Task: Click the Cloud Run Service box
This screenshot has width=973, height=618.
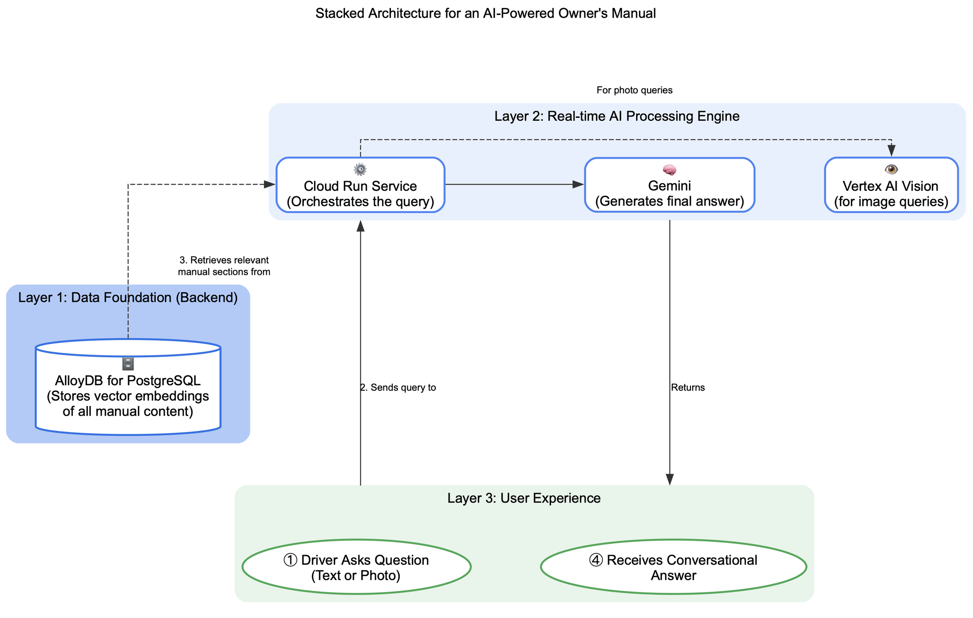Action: point(360,193)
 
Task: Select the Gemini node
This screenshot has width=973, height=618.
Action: point(669,193)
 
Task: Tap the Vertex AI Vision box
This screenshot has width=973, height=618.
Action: point(891,193)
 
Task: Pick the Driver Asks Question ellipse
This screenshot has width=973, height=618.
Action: point(356,567)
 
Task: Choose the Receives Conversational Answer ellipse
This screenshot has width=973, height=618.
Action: point(673,567)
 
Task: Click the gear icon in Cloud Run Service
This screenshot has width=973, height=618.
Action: point(360,169)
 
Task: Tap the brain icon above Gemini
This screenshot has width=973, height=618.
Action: point(669,170)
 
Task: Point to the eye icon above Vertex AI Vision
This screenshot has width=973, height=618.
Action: point(891,169)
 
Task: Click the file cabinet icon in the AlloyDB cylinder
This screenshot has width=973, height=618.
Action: point(128,364)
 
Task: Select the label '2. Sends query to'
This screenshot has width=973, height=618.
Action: point(398,387)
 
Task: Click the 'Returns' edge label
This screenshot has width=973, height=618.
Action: point(687,387)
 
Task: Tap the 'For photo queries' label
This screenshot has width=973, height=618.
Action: point(634,90)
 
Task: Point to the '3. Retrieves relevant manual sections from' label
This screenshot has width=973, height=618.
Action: point(224,266)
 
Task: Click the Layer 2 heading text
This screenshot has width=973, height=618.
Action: point(617,116)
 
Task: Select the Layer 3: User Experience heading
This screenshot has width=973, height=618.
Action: point(524,498)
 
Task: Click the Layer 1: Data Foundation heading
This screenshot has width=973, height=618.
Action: point(128,297)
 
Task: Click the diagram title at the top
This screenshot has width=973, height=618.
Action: point(485,13)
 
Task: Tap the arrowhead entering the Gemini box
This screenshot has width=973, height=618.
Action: point(578,185)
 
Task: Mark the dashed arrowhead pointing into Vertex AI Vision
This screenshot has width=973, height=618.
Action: point(892,151)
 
